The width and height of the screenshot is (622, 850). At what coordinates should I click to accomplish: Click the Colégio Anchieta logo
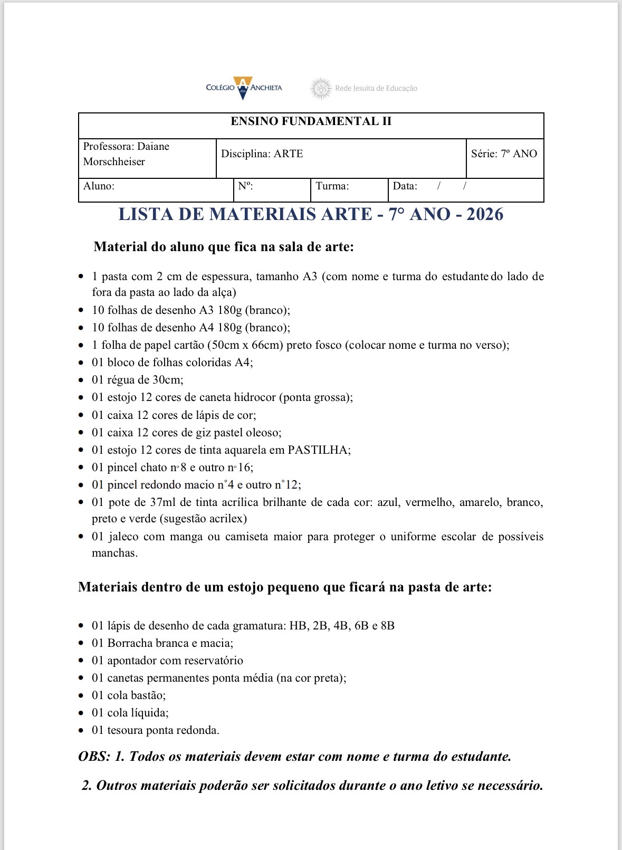[244, 88]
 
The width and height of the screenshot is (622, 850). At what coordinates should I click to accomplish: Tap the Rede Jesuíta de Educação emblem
[320, 88]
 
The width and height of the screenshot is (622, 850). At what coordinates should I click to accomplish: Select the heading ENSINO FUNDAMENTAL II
[311, 121]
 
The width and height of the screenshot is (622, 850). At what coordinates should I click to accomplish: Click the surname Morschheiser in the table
[114, 162]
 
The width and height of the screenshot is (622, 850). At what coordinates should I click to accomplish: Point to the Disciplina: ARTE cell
[262, 154]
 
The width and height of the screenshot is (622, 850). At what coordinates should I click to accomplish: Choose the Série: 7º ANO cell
[504, 154]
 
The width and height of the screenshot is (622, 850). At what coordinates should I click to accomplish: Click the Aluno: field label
[99, 186]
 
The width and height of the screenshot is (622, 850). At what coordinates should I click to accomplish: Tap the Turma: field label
[332, 186]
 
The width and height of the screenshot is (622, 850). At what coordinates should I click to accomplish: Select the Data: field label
[405, 186]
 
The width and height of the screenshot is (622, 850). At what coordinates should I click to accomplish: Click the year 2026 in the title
[485, 214]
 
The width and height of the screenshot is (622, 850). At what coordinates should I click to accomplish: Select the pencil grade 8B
[388, 626]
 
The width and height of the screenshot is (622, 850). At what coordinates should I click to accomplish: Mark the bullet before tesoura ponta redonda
[81, 731]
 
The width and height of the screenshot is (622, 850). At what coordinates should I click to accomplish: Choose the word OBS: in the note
[94, 757]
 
